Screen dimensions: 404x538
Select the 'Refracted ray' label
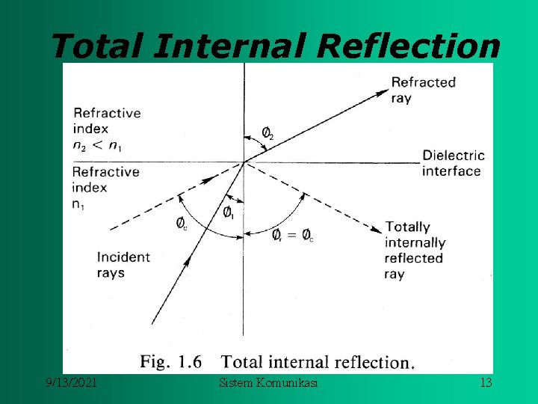[423, 90]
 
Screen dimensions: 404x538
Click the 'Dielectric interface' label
[453, 163]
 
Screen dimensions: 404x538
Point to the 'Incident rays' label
[123, 264]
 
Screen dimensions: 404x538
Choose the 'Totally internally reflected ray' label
[415, 250]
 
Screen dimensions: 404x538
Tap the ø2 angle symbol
[267, 133]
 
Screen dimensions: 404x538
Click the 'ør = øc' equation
[293, 236]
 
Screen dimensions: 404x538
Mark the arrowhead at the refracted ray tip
[383, 93]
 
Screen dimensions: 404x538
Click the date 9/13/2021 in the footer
[71, 383]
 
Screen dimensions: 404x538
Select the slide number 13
[486, 383]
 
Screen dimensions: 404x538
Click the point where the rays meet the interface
[244, 162]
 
